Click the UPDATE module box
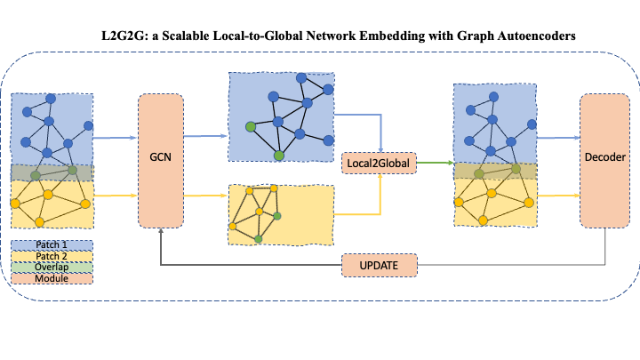point(380,265)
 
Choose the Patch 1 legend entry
point(52,244)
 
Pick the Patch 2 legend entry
point(52,256)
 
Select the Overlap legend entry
point(52,267)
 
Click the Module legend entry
point(52,277)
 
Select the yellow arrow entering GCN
point(116,195)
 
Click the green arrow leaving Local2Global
point(434,163)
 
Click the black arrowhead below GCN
point(161,233)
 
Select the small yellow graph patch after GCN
point(281,214)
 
